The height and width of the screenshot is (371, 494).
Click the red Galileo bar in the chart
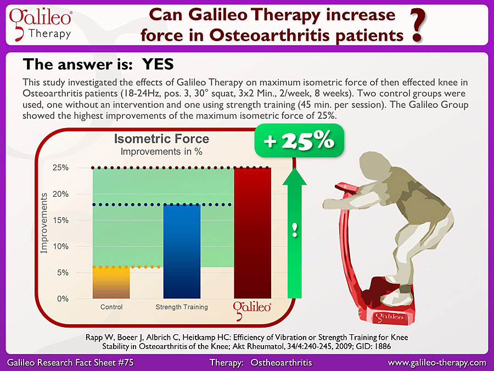pos(252,233)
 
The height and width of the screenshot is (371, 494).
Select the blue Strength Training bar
pos(182,251)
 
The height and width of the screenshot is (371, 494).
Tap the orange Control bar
pos(111,283)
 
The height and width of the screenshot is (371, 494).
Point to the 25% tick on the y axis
pos(60,168)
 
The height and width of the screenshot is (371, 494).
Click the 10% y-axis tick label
pos(60,246)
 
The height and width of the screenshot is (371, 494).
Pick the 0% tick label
pos(63,299)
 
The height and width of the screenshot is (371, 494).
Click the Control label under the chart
pos(111,307)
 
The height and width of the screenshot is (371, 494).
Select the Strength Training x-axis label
pos(182,307)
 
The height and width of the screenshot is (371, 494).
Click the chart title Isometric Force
pos(161,139)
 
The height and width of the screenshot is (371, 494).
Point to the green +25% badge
pos(299,140)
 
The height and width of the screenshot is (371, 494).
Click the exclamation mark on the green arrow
pos(295,230)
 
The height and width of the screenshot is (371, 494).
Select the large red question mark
pos(419,25)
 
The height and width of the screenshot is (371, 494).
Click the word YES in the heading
pos(158,64)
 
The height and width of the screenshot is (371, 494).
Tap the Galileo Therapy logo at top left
pos(40,24)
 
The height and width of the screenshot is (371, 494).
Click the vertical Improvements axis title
pos(44,223)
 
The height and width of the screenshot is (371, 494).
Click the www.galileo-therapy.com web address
pos(437,363)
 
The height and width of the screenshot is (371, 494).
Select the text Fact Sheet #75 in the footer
pos(109,363)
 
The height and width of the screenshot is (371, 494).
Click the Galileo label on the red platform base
pos(389,317)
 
